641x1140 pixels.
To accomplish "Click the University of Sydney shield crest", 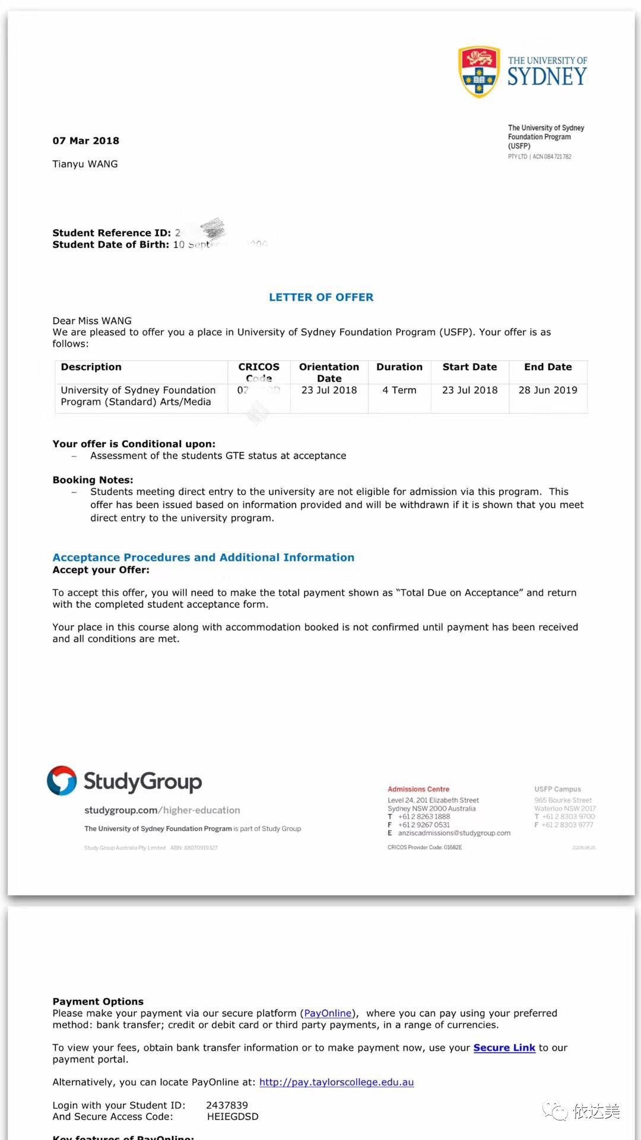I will [478, 72].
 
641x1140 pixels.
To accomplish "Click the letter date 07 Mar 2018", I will [85, 141].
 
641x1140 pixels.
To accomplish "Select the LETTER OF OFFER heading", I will [321, 297].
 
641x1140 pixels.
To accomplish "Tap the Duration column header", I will [399, 367].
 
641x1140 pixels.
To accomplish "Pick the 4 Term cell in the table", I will [399, 390].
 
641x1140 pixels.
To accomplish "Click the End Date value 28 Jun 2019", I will [548, 390].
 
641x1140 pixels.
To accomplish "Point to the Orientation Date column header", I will [329, 372].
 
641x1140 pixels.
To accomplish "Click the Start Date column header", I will [469, 367].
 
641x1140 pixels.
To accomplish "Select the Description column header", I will [91, 367].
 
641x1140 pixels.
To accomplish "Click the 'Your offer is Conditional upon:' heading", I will [134, 444].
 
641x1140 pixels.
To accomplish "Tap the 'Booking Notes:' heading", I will [93, 480].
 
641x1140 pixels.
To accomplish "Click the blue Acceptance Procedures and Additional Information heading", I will [203, 558].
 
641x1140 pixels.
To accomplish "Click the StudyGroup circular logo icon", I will [62, 780].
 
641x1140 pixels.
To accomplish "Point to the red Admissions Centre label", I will [418, 789].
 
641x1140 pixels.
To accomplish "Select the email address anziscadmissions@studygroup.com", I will [454, 833].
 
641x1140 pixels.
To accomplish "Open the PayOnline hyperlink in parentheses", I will [328, 1013].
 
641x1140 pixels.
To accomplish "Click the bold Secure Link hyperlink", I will [504, 1047].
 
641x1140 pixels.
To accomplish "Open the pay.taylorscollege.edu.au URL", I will [337, 1082].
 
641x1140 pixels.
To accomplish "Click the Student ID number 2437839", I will [227, 1105].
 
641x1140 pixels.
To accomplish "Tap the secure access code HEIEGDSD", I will [233, 1116].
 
